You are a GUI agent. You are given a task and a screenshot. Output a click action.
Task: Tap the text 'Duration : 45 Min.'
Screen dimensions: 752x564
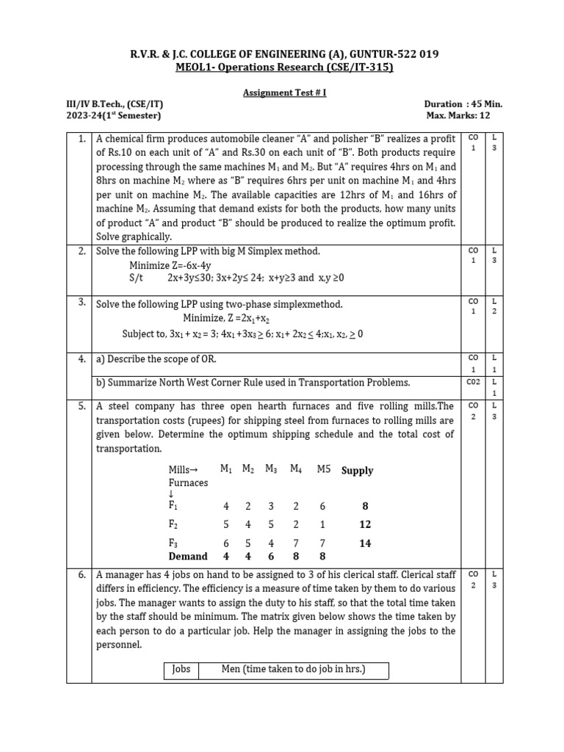463,104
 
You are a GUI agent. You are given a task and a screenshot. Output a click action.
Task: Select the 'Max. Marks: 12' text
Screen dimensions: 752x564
464,116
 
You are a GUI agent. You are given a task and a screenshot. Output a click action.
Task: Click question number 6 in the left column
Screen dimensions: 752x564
82,574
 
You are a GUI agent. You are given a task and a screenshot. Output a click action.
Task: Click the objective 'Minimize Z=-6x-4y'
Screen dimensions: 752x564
170,265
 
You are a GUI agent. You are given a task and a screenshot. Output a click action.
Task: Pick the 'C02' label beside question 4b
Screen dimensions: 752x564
473,383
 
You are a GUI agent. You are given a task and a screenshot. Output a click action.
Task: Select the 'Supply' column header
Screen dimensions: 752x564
357,471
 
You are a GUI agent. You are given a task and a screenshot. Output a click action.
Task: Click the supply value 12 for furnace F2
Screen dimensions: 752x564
365,524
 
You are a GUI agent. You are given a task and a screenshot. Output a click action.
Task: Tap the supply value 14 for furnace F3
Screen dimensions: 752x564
365,543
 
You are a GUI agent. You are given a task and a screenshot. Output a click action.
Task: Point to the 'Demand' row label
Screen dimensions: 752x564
188,557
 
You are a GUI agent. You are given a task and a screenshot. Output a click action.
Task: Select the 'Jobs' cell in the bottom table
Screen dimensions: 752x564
181,669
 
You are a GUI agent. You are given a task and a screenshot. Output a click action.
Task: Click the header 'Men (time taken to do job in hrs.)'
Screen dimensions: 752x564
293,669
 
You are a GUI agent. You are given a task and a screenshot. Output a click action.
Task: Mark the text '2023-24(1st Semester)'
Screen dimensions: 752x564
114,116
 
